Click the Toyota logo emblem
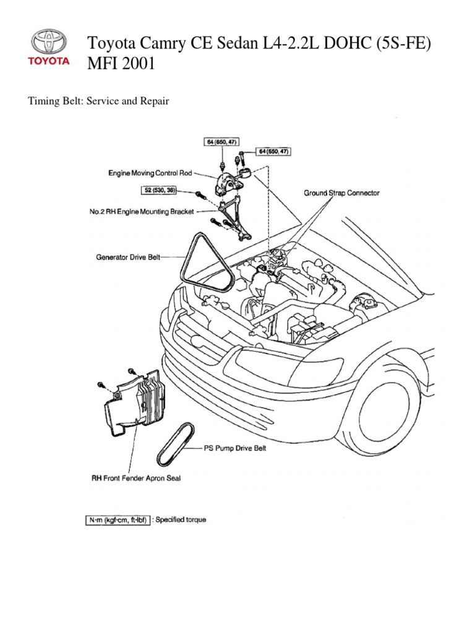pyautogui.click(x=49, y=43)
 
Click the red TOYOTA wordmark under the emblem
pyautogui.click(x=49, y=61)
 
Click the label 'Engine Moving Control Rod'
pyautogui.click(x=148, y=175)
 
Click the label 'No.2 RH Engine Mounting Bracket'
pyautogui.click(x=142, y=212)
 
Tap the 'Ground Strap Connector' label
pyautogui.click(x=341, y=193)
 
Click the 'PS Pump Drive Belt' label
pyautogui.click(x=235, y=448)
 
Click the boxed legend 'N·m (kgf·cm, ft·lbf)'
pyautogui.click(x=117, y=520)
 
